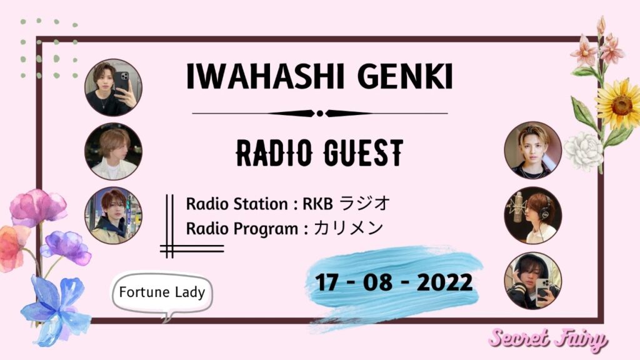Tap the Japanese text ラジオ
tap(368, 204)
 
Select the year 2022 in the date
tap(444, 282)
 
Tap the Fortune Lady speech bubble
tap(162, 292)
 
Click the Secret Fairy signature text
tap(547, 339)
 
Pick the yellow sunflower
tap(618, 104)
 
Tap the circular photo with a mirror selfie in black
tap(113, 87)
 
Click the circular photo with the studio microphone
tap(532, 214)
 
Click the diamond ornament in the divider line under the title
tap(319, 114)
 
